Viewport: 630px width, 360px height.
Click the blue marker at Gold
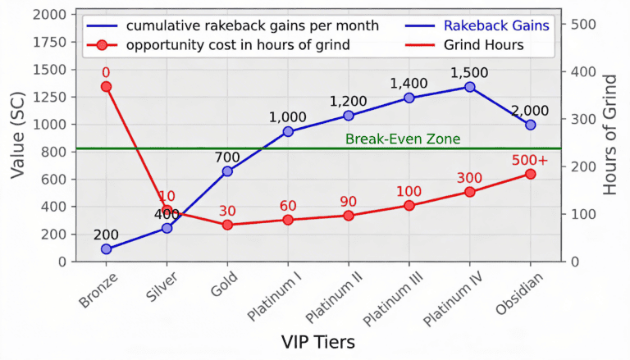pyautogui.click(x=227, y=171)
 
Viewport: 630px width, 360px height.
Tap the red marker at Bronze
pyautogui.click(x=106, y=86)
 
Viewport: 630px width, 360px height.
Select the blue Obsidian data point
pyautogui.click(x=531, y=125)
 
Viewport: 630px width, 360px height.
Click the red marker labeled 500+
pyautogui.click(x=531, y=174)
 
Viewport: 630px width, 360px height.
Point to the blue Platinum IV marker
pyautogui.click(x=470, y=86)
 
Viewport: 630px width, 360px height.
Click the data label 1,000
pyautogui.click(x=287, y=117)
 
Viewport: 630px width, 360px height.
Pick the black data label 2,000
pyautogui.click(x=531, y=111)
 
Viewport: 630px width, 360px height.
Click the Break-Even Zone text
pyautogui.click(x=403, y=139)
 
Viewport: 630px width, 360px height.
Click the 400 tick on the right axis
pyautogui.click(x=579, y=71)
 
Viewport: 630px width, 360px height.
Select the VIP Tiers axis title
pyautogui.click(x=318, y=342)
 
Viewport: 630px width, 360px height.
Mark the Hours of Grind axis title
pyautogui.click(x=610, y=135)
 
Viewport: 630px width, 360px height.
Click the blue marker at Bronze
pyautogui.click(x=106, y=248)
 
